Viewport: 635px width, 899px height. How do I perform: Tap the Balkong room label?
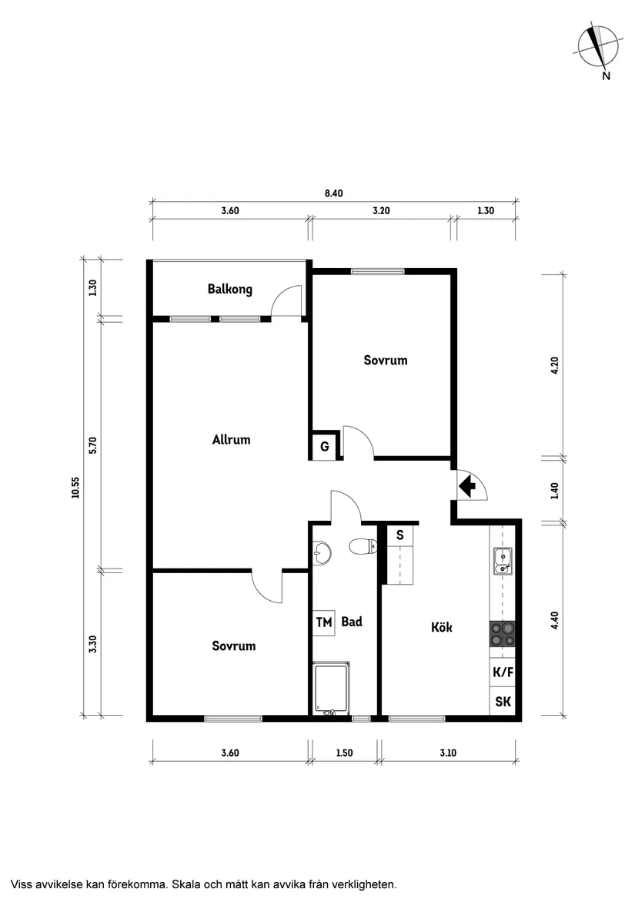229,290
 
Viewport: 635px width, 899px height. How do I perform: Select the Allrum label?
231,440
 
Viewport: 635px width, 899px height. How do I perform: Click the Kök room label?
441,627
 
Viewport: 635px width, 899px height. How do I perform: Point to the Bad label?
352,622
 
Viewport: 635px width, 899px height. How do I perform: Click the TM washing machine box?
324,622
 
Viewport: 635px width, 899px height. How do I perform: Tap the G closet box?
324,446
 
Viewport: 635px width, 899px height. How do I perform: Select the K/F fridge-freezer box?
503,672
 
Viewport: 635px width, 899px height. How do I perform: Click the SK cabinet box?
503,701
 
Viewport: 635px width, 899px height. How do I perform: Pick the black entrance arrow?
466,486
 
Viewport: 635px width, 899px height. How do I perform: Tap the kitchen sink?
503,562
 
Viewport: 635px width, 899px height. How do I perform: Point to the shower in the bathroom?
332,688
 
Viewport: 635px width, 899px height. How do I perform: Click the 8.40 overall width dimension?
333,193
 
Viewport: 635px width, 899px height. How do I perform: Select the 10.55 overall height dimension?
75,488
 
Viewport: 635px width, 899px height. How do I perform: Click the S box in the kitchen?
399,535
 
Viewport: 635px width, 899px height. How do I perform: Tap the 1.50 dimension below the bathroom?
344,753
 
